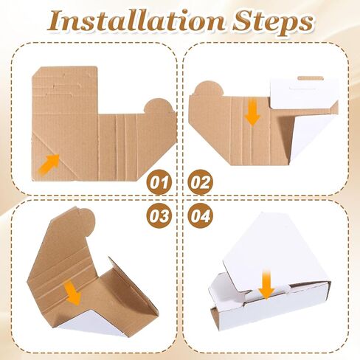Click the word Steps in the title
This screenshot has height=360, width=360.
(272, 24)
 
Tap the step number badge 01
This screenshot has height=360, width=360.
(159, 182)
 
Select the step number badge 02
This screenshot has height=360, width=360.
(201, 182)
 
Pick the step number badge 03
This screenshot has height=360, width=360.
(159, 215)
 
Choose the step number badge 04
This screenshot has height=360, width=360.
(201, 215)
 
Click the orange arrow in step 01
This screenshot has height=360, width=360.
(49, 164)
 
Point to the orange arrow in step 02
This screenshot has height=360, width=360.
(252, 113)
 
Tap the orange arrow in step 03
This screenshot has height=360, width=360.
(72, 293)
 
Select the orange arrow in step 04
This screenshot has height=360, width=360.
(266, 285)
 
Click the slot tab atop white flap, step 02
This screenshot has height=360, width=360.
(311, 78)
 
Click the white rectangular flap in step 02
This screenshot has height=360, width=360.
(305, 94)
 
